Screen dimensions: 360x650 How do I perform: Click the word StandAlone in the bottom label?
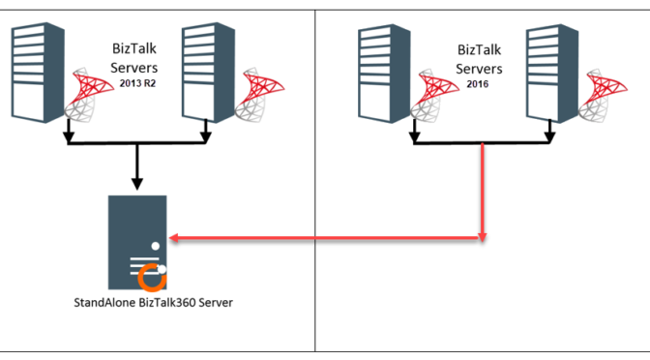[107, 302]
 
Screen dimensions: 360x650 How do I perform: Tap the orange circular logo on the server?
[152, 279]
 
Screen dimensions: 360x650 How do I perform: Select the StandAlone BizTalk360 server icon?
[136, 242]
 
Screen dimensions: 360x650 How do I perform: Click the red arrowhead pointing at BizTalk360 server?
[173, 237]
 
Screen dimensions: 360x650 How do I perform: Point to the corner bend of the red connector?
[483, 237]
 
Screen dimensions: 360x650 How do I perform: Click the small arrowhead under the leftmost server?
[67, 136]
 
